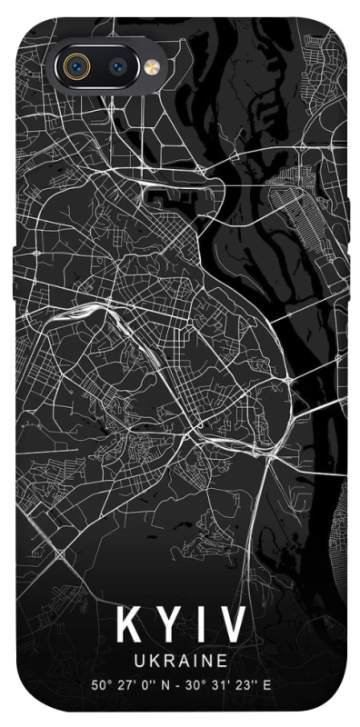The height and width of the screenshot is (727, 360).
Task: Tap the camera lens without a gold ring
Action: tap(118, 65)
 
